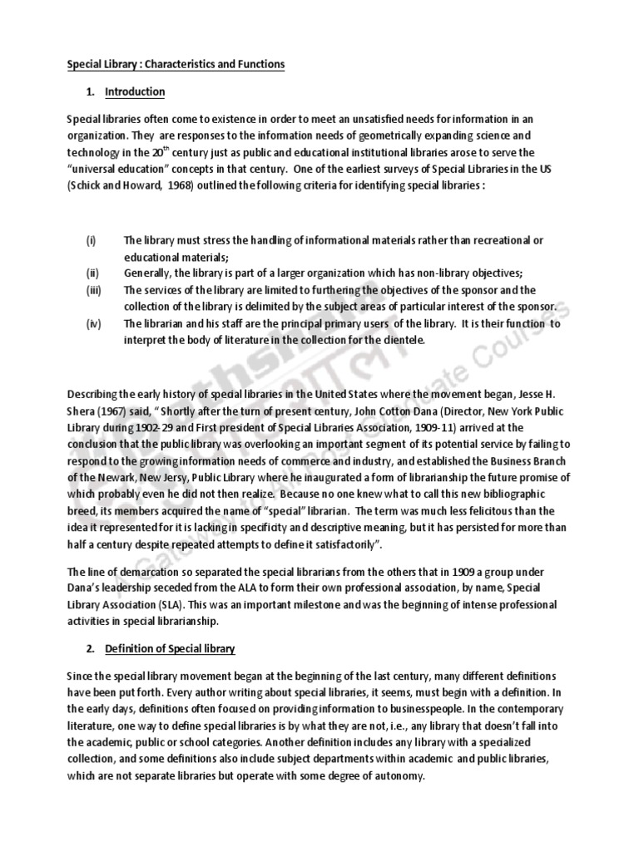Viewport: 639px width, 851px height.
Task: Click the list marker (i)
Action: pos(91,240)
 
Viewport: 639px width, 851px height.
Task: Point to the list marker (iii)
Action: pos(92,290)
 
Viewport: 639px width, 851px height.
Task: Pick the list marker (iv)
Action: pos(92,324)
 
